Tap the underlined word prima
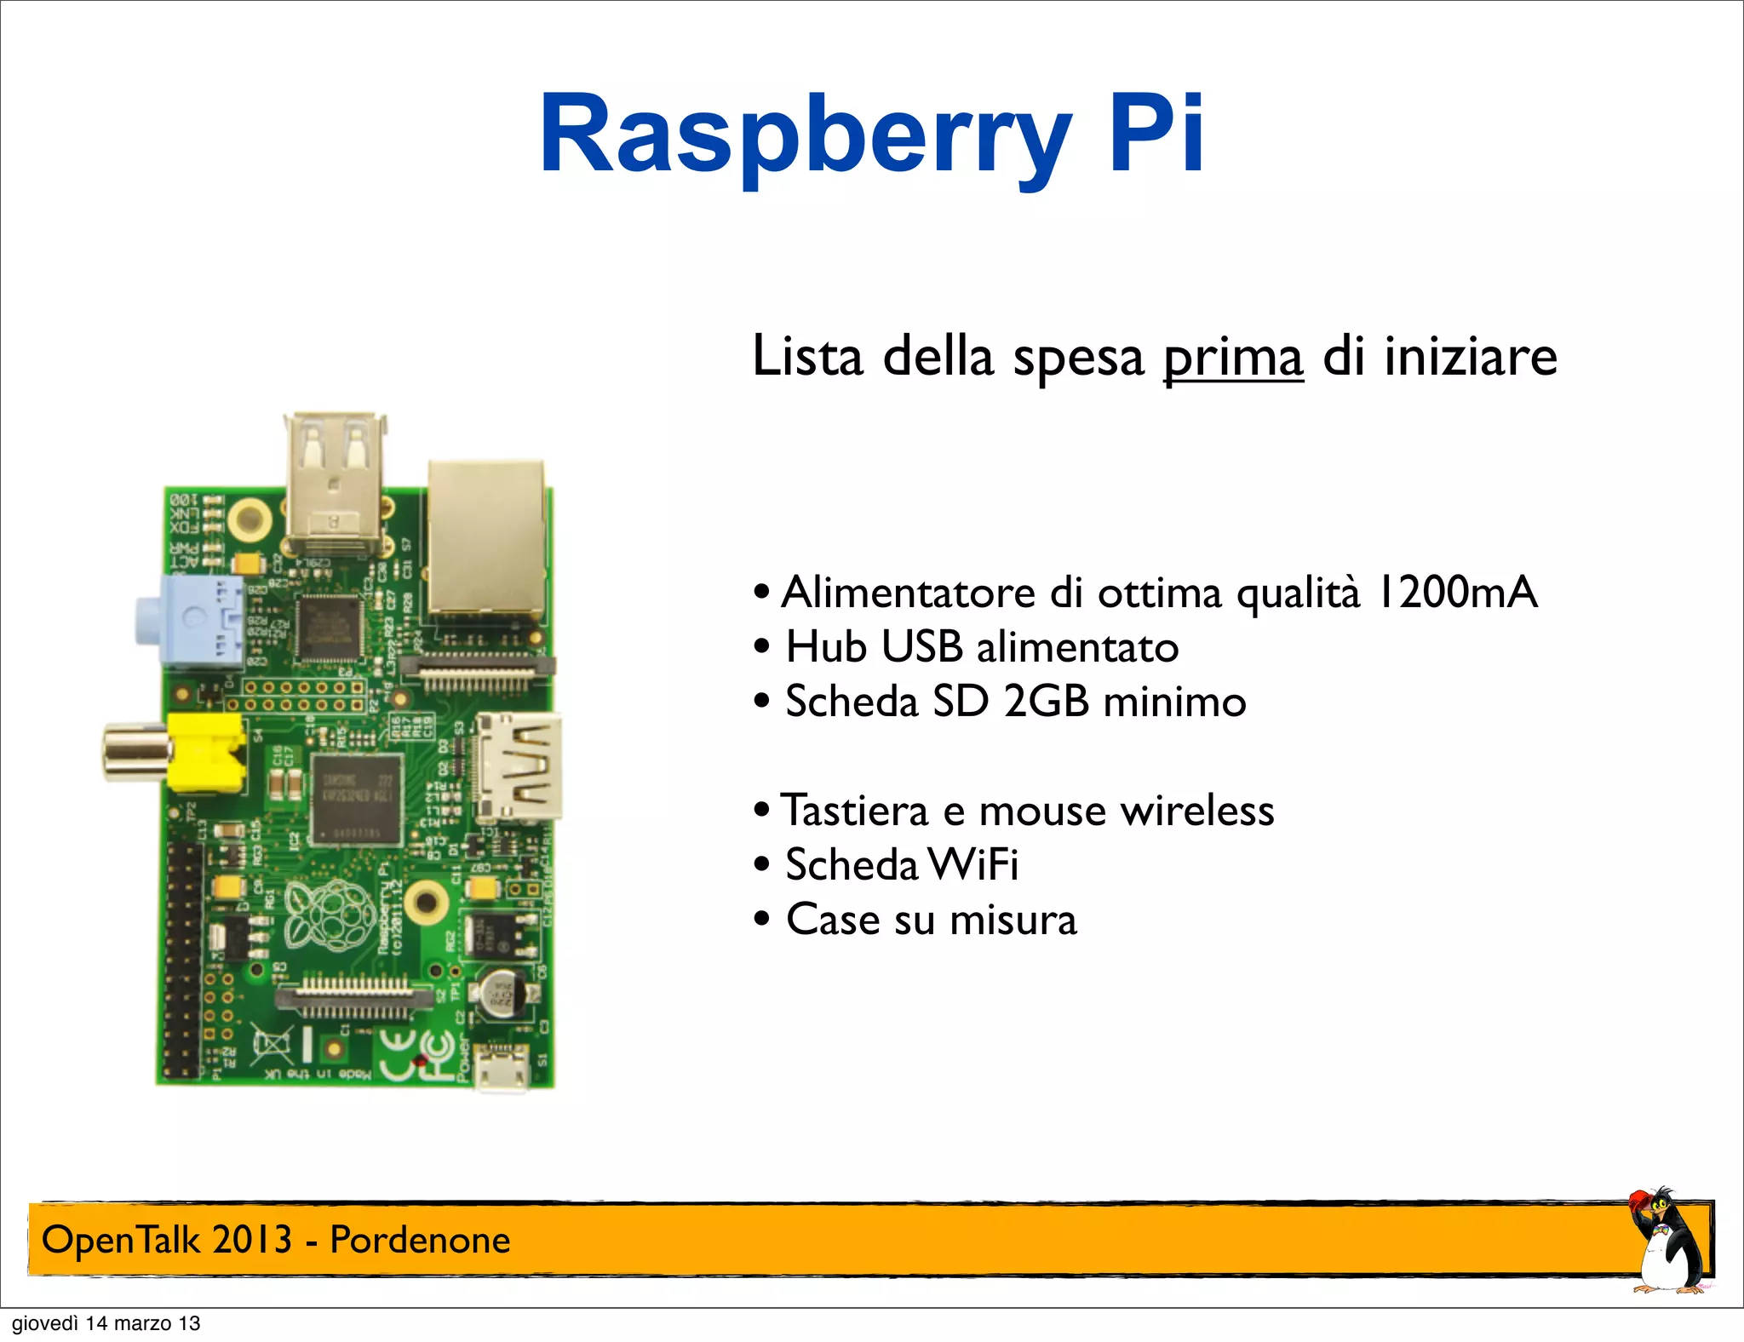point(1233,357)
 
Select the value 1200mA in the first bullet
point(1457,593)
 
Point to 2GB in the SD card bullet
point(1046,702)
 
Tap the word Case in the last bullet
point(832,920)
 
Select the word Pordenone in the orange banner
point(420,1240)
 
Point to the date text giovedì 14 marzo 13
point(106,1323)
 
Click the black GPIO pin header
point(181,958)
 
